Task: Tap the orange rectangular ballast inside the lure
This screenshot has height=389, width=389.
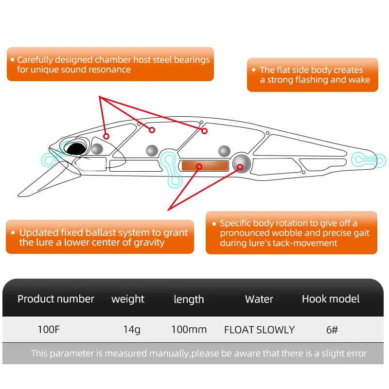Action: [x=204, y=165]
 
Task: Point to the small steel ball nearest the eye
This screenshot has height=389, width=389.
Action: [x=97, y=149]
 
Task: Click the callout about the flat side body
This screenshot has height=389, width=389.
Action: [x=312, y=75]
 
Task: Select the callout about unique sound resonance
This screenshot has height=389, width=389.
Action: [x=110, y=64]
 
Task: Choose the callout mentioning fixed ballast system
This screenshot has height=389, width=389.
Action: [x=100, y=237]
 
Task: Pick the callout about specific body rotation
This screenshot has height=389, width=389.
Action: [x=291, y=232]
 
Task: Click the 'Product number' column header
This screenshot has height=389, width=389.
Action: [x=56, y=299]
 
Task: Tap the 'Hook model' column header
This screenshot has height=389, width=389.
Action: [x=331, y=299]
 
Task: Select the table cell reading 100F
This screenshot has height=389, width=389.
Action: [x=49, y=329]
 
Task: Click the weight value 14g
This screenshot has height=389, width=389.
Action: [x=132, y=329]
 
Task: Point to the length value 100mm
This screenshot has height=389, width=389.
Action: [x=189, y=329]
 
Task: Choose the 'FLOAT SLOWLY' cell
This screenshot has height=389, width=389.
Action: [x=259, y=329]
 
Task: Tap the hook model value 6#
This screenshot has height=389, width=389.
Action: [x=332, y=329]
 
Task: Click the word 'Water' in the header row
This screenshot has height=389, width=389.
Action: [x=259, y=299]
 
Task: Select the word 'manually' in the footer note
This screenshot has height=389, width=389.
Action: [x=169, y=354]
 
